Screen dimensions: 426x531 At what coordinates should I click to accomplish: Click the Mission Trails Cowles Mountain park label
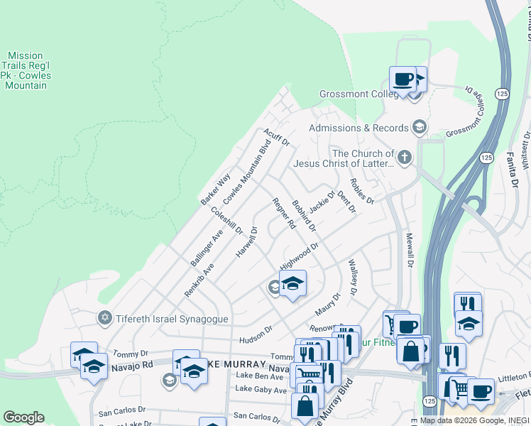click(26, 70)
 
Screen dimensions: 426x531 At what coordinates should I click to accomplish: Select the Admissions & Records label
click(358, 128)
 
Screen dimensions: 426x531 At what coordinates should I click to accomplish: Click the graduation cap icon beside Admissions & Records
click(419, 127)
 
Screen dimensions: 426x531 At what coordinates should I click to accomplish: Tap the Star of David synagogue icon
click(105, 317)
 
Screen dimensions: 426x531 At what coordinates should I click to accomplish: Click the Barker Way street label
click(215, 189)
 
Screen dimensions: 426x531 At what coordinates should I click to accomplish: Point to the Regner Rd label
click(284, 214)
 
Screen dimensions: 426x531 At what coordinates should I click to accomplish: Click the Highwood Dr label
click(298, 256)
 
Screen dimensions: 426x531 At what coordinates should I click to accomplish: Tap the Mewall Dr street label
click(408, 249)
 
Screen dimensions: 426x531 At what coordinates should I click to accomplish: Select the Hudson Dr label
click(256, 330)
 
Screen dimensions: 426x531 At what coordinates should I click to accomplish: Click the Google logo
click(23, 417)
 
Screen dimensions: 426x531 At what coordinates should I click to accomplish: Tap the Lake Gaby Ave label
click(261, 390)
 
